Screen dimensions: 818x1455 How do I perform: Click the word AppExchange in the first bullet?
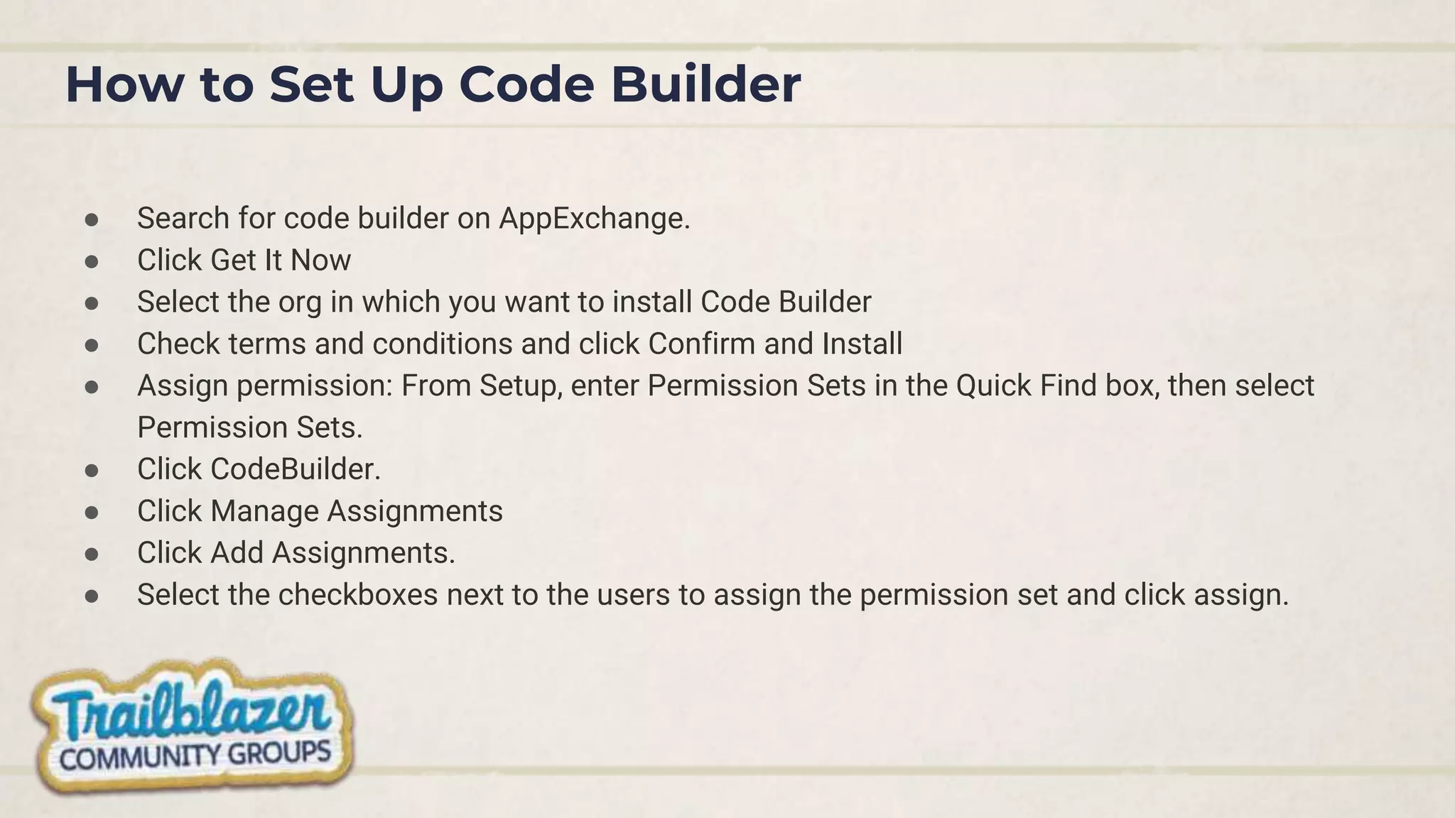tap(594, 219)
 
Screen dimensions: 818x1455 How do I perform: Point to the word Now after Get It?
tap(320, 261)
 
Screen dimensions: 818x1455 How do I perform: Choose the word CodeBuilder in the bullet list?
tap(295, 469)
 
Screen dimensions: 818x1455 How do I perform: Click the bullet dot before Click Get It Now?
tap(91, 261)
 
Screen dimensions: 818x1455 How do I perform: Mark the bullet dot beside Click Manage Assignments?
tap(91, 512)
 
